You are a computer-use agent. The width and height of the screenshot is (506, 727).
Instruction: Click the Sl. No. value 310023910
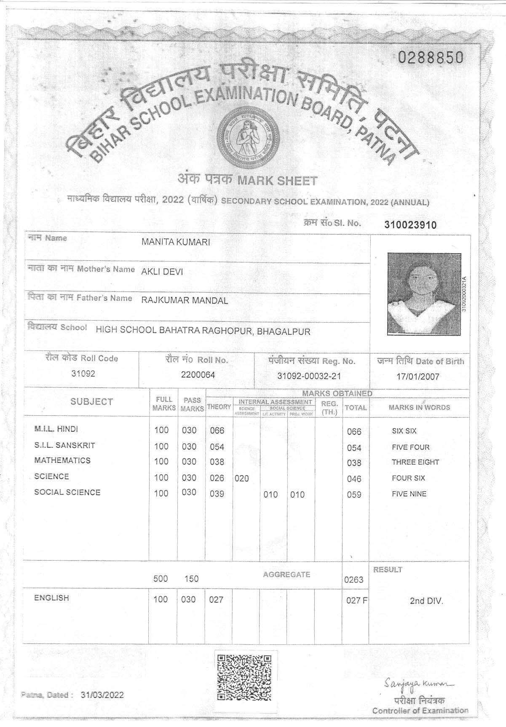tap(410, 225)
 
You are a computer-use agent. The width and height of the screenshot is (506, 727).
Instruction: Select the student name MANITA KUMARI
tap(176, 242)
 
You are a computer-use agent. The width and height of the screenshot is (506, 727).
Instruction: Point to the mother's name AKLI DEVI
tap(162, 272)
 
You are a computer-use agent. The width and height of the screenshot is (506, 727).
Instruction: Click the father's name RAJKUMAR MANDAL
tap(185, 301)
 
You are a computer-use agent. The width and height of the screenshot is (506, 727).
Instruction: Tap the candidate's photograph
tap(423, 294)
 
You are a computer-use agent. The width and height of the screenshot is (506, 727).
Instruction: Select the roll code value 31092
tap(83, 374)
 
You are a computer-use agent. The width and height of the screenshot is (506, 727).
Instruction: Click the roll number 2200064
tap(198, 375)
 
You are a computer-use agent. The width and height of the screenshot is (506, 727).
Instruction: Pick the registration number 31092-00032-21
tap(309, 376)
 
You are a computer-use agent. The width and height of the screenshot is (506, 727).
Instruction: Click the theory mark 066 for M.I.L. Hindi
tap(217, 430)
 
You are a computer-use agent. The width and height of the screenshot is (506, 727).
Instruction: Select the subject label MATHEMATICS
tap(62, 460)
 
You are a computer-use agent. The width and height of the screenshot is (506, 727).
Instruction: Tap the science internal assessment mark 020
tap(242, 478)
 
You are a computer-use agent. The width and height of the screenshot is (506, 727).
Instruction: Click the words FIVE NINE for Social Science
tap(409, 494)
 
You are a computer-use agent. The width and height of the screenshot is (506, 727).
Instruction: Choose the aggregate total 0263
tap(353, 580)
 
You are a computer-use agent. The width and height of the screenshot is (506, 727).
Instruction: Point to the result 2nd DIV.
tap(426, 601)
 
